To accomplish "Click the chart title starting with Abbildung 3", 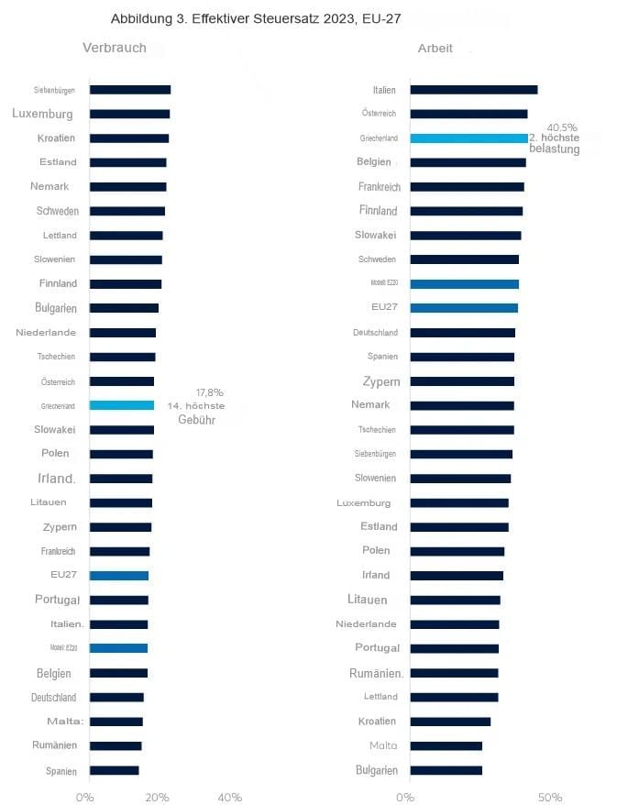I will pos(256,18).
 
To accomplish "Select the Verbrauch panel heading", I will pos(115,48).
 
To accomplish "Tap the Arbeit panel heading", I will pos(435,48).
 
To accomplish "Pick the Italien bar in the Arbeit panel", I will pos(473,90).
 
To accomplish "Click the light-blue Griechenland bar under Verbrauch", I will pos(122,405).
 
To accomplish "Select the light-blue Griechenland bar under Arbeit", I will pos(468,138).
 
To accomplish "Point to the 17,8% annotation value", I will pos(209,392).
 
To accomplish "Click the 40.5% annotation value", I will pos(561,127).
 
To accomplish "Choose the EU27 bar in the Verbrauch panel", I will pos(119,576).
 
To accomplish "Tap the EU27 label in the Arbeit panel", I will pos(384,308).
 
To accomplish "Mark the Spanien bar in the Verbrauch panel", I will pos(115,770).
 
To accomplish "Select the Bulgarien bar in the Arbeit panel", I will pos(446,770).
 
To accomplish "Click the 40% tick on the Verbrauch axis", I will pos(230,798).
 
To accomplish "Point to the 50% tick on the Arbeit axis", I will pos(549,798).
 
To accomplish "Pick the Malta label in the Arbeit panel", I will pos(383,745).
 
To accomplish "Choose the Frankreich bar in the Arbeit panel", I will pos(467,187).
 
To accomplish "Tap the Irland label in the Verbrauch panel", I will pos(56,479).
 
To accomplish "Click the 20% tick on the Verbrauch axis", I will pos(157,798).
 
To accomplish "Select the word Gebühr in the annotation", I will pos(196,419).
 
